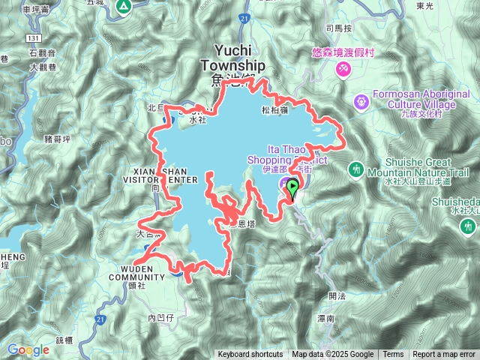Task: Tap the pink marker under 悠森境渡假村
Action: click(x=343, y=69)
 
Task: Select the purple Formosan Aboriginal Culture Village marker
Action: click(x=361, y=99)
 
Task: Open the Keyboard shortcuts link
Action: click(x=250, y=355)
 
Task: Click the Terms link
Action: click(x=393, y=355)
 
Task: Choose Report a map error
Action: click(x=444, y=355)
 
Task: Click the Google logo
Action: click(x=28, y=349)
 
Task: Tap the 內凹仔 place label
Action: click(x=161, y=318)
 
